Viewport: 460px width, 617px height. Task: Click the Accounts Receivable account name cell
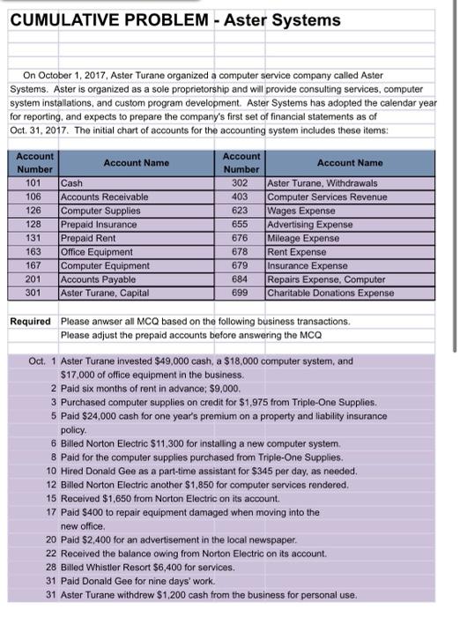99,197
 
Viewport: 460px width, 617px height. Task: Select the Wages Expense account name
300,211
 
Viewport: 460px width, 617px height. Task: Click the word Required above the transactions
29,320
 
